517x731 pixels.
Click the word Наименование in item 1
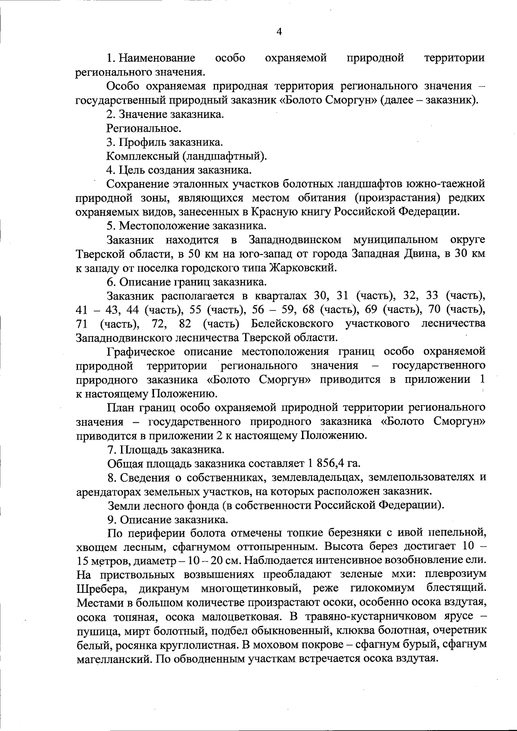157,58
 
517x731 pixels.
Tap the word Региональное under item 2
143,128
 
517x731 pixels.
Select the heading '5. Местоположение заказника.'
186,226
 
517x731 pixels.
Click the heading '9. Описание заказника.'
168,520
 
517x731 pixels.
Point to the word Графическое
141,352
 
